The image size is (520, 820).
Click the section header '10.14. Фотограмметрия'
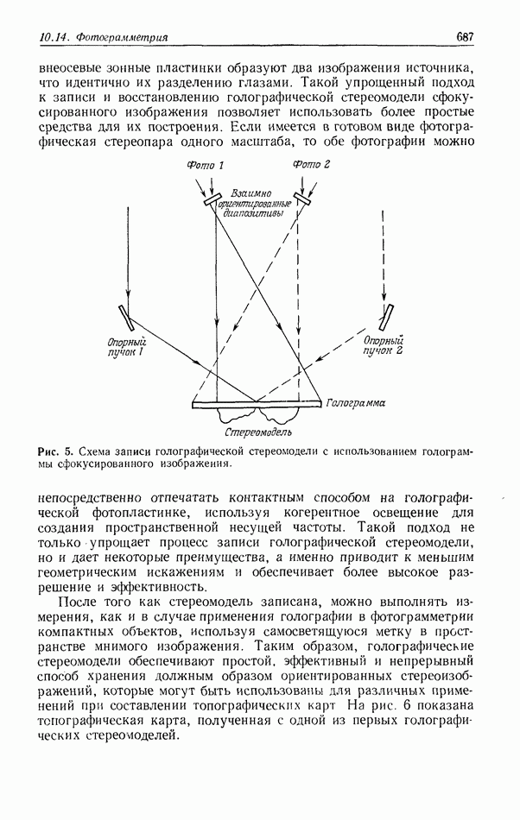point(104,38)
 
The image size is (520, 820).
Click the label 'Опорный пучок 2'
point(384,345)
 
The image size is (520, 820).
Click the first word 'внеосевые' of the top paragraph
point(68,67)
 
